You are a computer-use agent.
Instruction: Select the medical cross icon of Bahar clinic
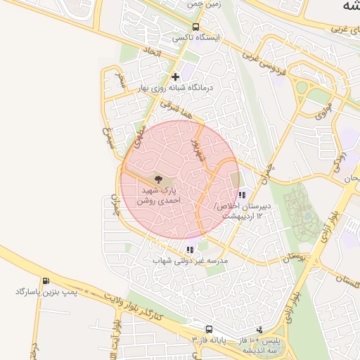175,77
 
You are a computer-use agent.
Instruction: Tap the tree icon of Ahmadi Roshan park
157,180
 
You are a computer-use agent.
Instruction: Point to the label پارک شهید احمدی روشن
158,195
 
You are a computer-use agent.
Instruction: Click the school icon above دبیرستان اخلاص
242,195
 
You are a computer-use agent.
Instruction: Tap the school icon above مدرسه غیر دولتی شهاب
189,249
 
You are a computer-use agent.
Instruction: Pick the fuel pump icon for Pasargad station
46,281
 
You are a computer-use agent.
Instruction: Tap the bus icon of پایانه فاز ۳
209,329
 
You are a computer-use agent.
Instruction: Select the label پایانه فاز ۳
209,340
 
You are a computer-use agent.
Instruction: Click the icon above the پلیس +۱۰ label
259,329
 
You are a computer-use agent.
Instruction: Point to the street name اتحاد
153,53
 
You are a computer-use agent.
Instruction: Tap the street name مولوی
323,110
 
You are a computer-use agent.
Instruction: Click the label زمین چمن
204,4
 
